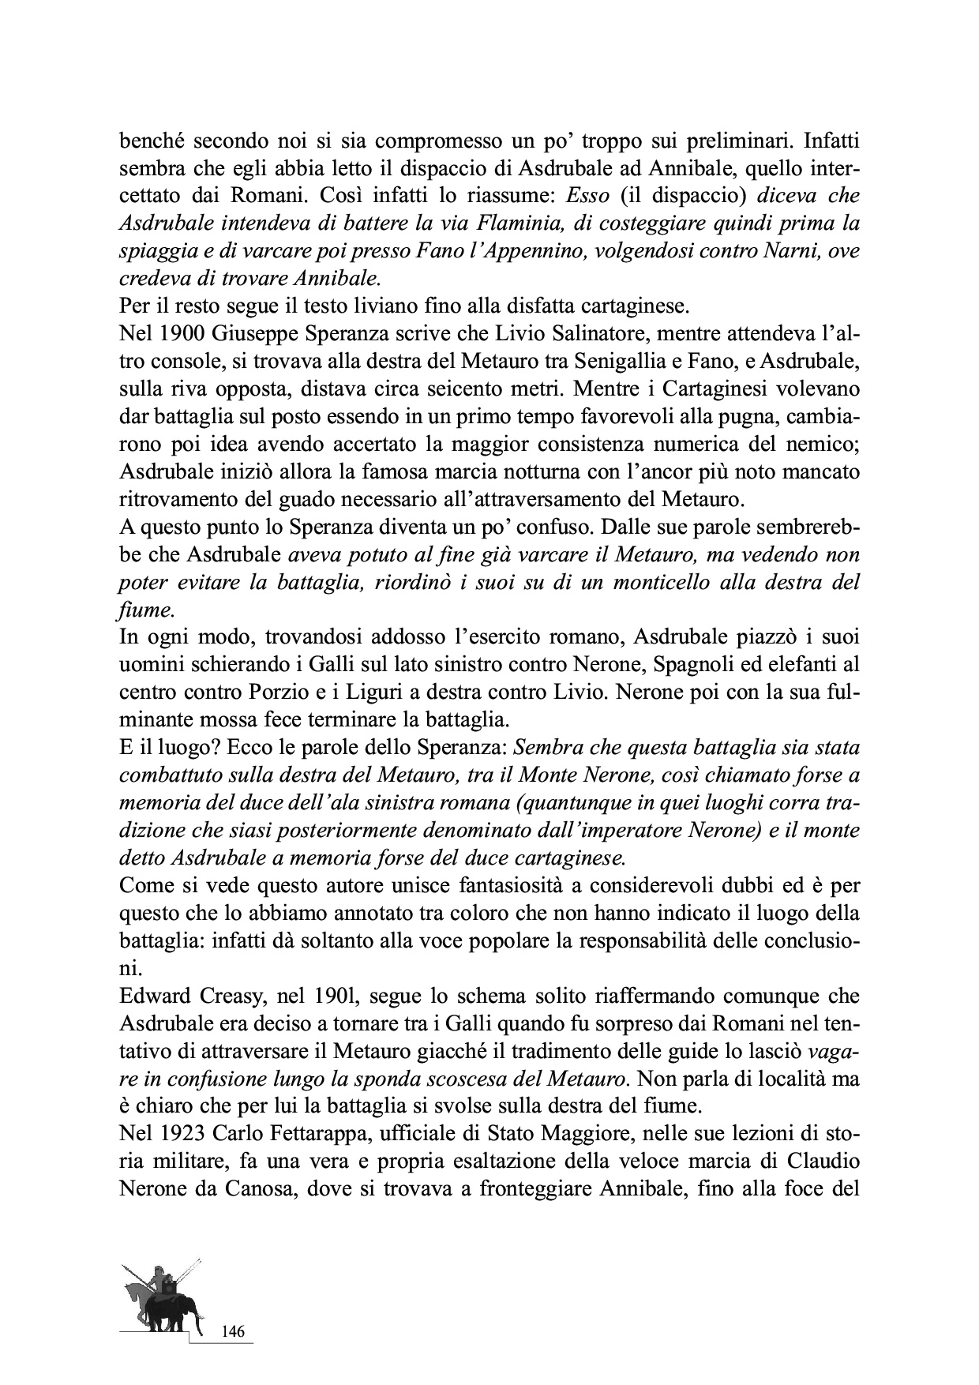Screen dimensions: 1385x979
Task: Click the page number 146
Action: (x=233, y=1332)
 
